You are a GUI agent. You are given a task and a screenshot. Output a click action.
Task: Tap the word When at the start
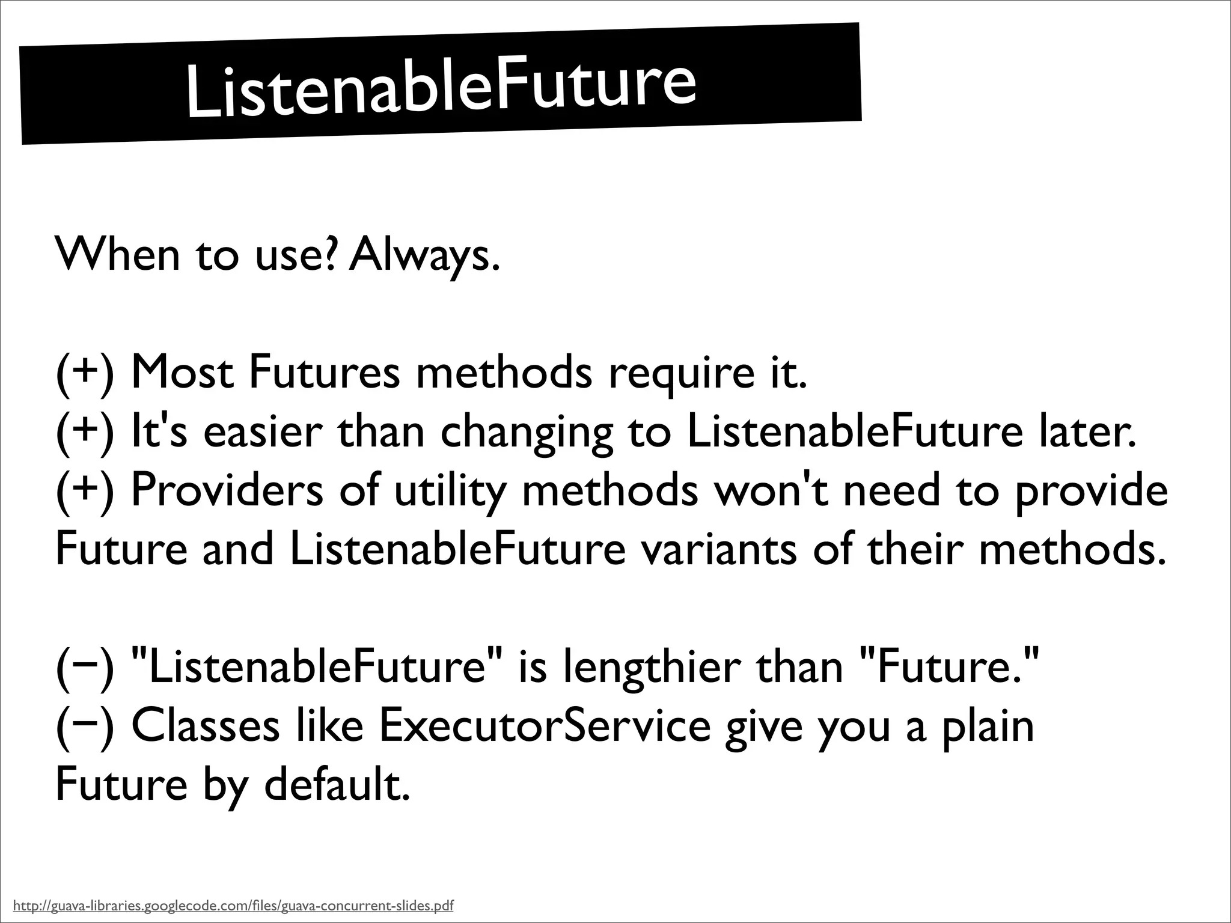(117, 254)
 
